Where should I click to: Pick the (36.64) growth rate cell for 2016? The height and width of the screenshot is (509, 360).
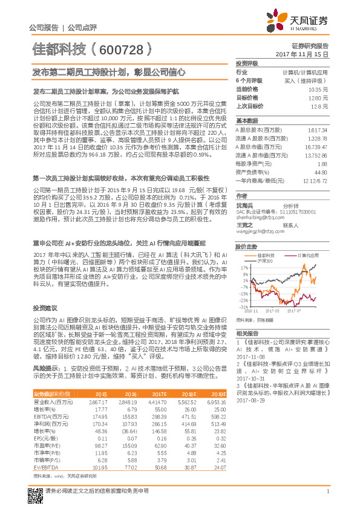point(128,414)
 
